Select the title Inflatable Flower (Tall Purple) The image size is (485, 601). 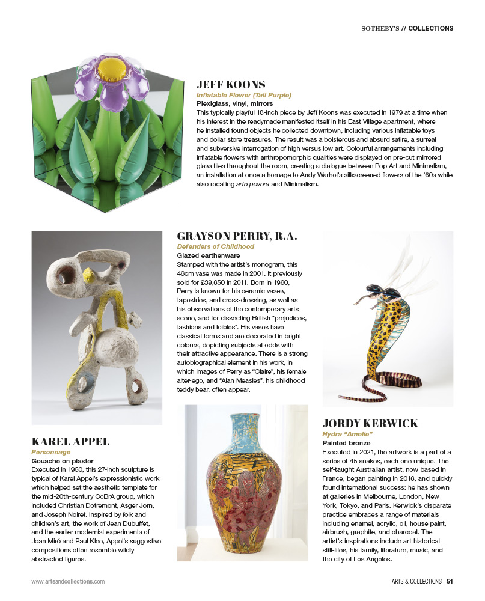click(x=244, y=95)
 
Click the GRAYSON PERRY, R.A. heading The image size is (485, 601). click(x=237, y=236)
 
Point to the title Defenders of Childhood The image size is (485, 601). click(x=216, y=246)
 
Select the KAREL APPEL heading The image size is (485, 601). click(x=70, y=442)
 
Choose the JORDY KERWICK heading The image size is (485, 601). click(x=370, y=424)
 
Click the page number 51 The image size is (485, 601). click(x=449, y=581)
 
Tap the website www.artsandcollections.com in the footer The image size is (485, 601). click(x=68, y=581)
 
